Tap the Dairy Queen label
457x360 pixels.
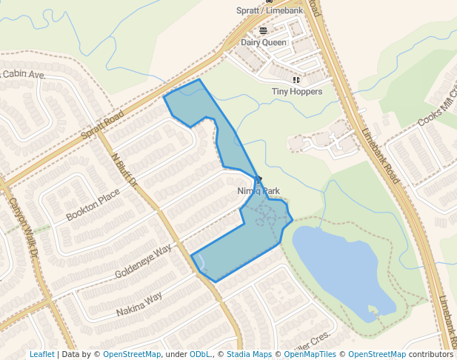[x=263, y=42]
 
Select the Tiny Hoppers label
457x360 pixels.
[x=296, y=91]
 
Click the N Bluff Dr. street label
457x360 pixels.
[x=125, y=170]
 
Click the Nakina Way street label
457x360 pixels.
[x=139, y=304]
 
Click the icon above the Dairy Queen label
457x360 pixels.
[x=263, y=30]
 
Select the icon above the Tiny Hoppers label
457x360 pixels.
[x=296, y=79]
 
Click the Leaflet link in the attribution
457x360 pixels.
[x=41, y=354]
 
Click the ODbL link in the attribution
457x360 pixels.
[x=201, y=354]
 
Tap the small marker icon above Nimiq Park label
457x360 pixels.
[x=258, y=179]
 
